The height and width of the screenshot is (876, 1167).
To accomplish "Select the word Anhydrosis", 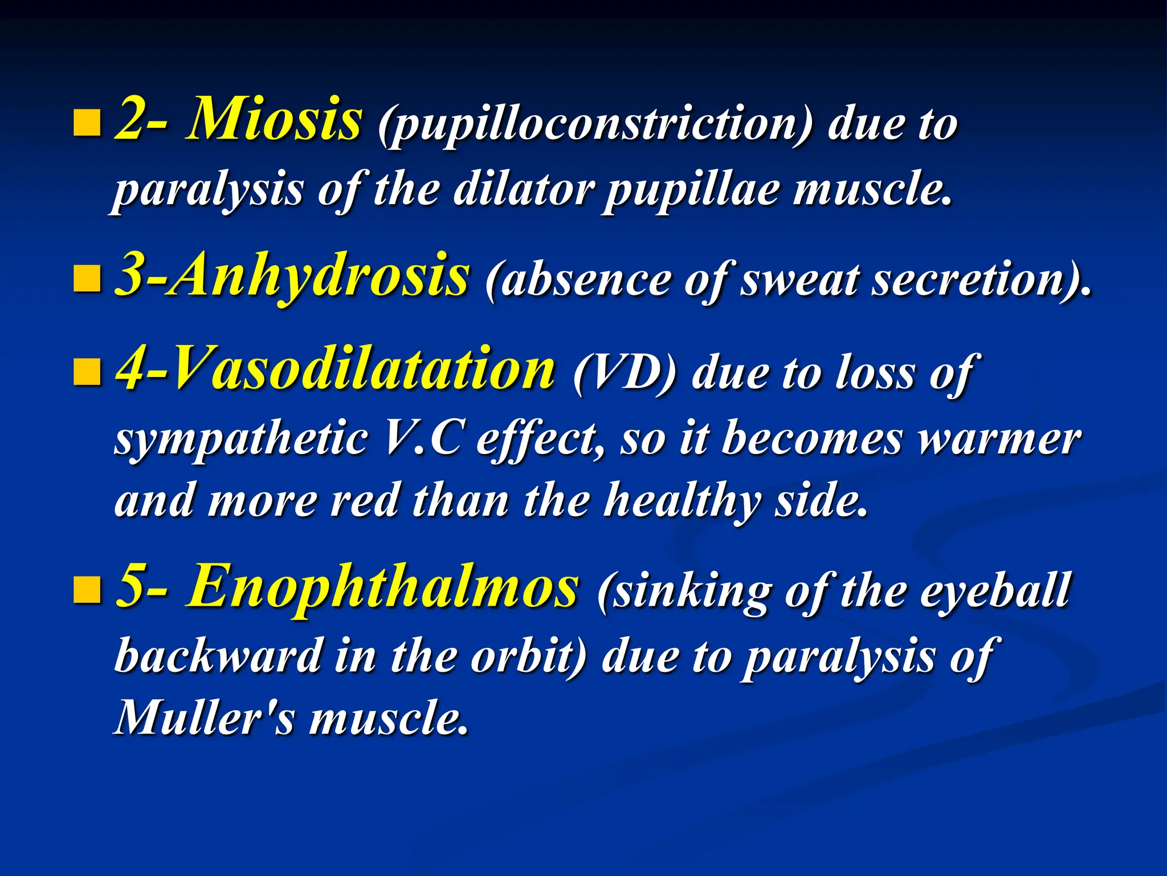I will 319,277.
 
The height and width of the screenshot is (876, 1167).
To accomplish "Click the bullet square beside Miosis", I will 87,123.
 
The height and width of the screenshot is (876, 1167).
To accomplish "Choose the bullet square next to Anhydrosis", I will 87,279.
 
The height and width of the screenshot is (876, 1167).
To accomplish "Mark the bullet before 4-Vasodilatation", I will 87,372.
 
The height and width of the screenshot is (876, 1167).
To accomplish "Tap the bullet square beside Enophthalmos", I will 87,590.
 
